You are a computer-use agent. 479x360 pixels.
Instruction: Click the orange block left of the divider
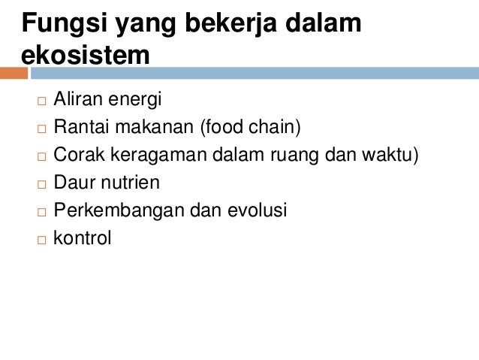[14, 74]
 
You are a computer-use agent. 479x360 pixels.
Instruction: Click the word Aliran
[77, 99]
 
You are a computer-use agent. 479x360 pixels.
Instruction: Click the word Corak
[78, 155]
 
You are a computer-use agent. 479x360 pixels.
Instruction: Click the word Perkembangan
[119, 211]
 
